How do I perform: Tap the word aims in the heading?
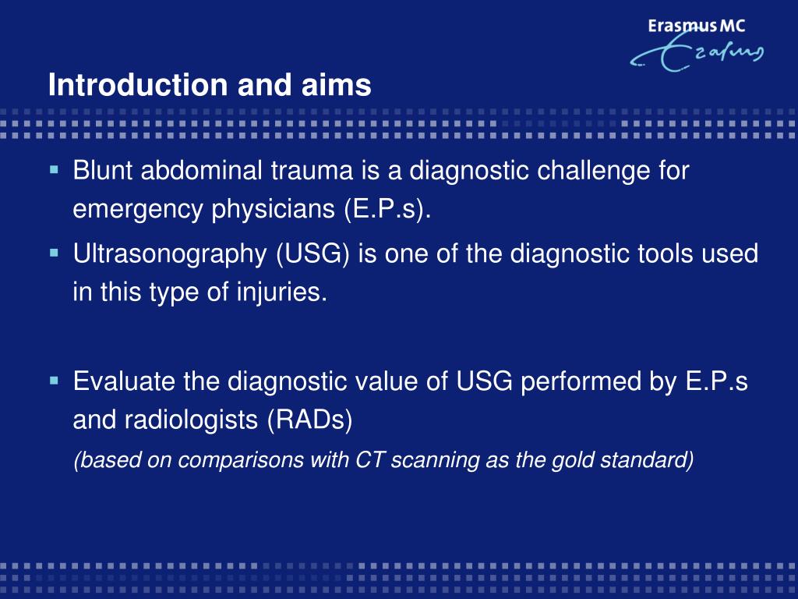pyautogui.click(x=337, y=84)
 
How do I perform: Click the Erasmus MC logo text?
pyautogui.click(x=696, y=26)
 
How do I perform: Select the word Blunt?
pyautogui.click(x=103, y=169)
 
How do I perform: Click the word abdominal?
pyautogui.click(x=202, y=169)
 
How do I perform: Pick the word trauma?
pyautogui.click(x=312, y=171)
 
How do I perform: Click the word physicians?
pyautogui.click(x=274, y=210)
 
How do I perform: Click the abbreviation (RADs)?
pyautogui.click(x=310, y=420)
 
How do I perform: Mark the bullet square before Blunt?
pyautogui.click(x=55, y=169)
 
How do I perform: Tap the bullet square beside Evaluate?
pyautogui.click(x=55, y=381)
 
